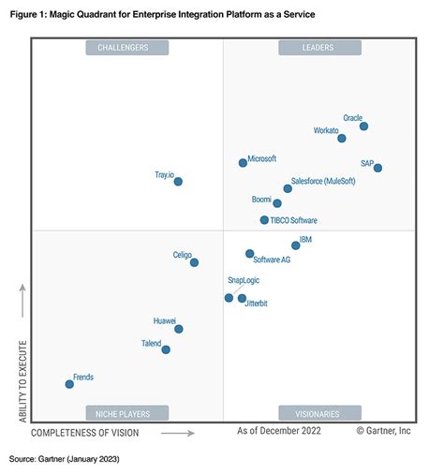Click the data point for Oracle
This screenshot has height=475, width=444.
point(363,126)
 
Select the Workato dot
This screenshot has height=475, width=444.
point(341,139)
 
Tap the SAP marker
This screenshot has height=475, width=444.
point(377,169)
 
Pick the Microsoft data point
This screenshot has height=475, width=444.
point(243,163)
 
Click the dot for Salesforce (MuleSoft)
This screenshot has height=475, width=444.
point(288,188)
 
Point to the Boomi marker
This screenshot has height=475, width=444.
point(277,203)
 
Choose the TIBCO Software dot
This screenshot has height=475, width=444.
point(264,220)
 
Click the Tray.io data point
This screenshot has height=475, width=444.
point(178,182)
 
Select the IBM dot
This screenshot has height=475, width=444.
point(296,245)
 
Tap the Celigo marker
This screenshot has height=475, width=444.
point(194,263)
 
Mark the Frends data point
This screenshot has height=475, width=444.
point(68,384)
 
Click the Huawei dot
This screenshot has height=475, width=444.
point(178,329)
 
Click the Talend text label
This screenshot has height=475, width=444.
point(151,344)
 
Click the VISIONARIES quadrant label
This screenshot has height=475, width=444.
point(319,412)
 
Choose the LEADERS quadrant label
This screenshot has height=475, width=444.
point(319,48)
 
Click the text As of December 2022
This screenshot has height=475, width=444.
point(279,431)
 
